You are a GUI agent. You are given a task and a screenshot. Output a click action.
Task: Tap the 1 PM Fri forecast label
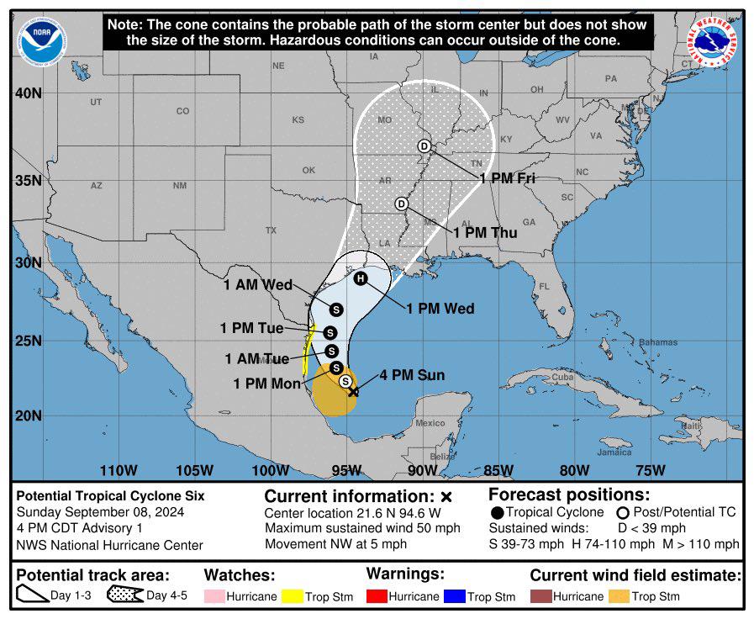tap(508, 177)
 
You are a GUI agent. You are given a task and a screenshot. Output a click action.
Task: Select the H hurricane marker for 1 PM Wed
tap(361, 279)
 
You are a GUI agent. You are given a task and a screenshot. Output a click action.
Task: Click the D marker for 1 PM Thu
tap(402, 204)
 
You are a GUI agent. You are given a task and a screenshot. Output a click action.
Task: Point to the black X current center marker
tap(354, 391)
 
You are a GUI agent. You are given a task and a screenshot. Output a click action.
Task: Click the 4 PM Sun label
tap(412, 375)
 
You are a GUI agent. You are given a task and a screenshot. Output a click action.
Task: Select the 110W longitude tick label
tap(118, 469)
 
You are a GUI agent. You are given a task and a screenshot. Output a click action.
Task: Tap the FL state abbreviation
tap(545, 286)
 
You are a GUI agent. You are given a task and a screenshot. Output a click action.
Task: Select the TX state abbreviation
tap(271, 230)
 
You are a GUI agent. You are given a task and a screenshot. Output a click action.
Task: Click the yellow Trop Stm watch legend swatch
tap(293, 596)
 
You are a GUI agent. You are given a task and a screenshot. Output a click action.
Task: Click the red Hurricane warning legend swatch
tap(378, 596)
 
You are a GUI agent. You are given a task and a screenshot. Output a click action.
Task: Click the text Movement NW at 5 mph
tap(335, 544)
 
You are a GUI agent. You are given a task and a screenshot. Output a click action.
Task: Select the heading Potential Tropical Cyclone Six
tap(110, 496)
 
